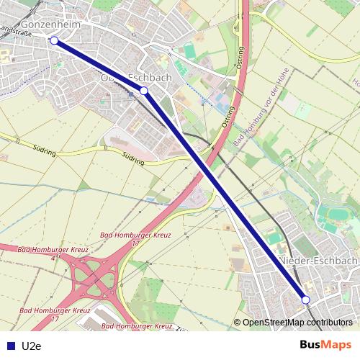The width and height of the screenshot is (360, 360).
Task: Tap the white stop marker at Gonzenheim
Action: tap(54, 40)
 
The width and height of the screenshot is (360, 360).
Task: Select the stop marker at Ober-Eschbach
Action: tap(144, 90)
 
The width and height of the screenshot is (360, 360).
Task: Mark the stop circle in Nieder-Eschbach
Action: tap(305, 300)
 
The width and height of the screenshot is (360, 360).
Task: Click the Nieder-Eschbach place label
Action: tap(318, 260)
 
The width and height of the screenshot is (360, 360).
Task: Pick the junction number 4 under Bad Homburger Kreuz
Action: tap(53, 257)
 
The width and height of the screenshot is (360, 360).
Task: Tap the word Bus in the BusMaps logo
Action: tap(311, 345)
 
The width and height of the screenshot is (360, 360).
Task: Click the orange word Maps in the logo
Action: tap(337, 345)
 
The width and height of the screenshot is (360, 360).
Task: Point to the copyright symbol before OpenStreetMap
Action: tap(238, 323)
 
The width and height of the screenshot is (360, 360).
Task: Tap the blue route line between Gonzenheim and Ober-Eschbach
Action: tap(99, 66)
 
